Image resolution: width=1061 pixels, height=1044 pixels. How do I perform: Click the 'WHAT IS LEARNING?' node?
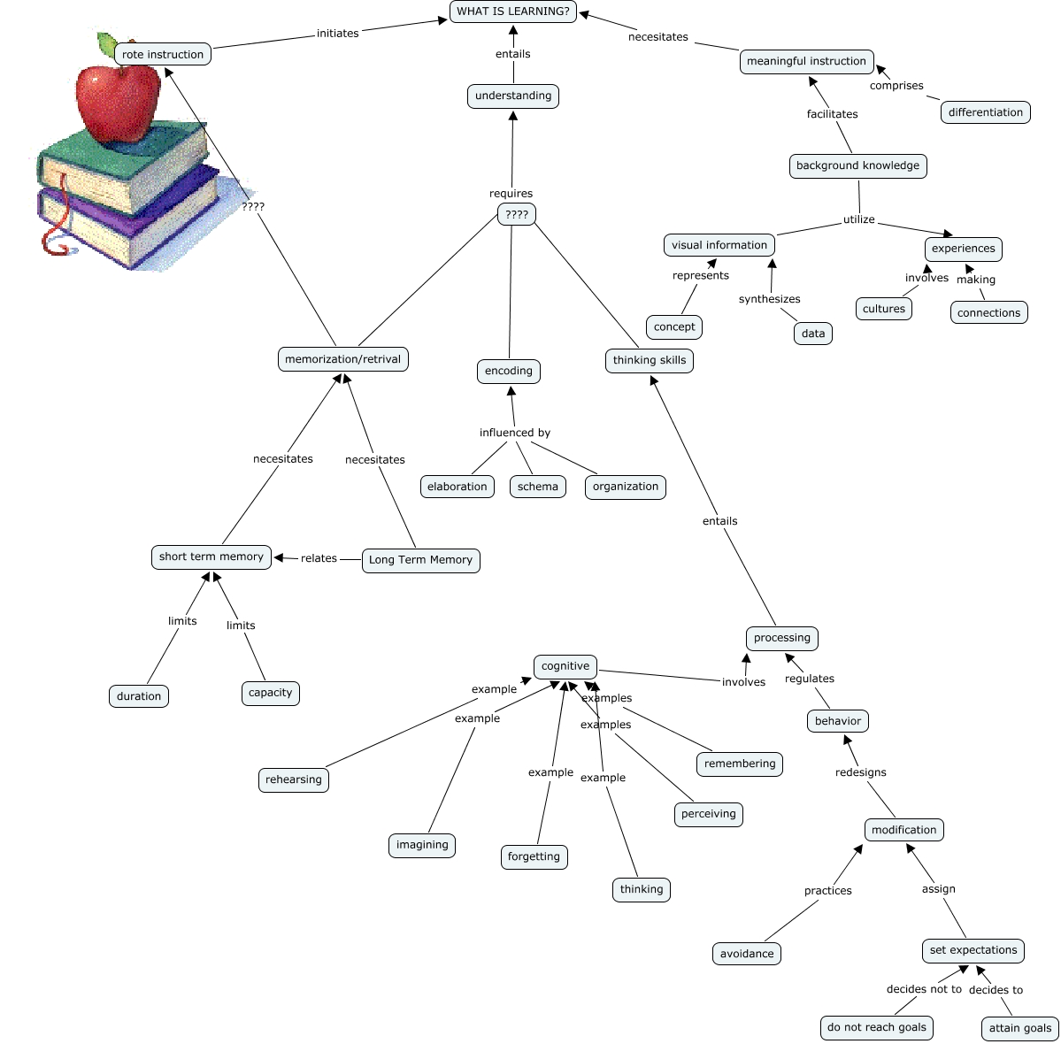pyautogui.click(x=513, y=12)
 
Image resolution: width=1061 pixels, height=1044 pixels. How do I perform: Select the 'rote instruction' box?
pyautogui.click(x=163, y=54)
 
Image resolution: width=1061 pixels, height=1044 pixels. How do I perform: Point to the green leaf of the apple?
pyautogui.click(x=107, y=44)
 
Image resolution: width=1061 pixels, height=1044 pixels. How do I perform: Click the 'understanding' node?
pyautogui.click(x=513, y=96)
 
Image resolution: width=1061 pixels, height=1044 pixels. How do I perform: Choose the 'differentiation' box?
pyautogui.click(x=985, y=112)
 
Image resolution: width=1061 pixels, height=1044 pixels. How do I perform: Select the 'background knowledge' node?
pyautogui.click(x=858, y=165)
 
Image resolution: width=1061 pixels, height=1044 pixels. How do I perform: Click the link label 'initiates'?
pyautogui.click(x=338, y=33)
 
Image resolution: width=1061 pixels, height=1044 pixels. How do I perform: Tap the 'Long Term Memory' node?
pyautogui.click(x=421, y=560)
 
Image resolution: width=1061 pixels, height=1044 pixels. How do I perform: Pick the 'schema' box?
pyautogui.click(x=538, y=487)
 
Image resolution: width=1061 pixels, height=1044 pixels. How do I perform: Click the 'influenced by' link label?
pyautogui.click(x=515, y=433)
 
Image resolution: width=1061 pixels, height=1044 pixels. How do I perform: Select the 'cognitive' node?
pyautogui.click(x=565, y=666)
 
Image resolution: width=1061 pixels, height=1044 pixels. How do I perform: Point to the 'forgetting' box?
pyautogui.click(x=534, y=856)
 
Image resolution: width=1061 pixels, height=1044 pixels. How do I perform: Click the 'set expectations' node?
pyautogui.click(x=973, y=950)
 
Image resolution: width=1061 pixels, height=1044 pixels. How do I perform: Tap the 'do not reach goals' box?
pyautogui.click(x=877, y=1027)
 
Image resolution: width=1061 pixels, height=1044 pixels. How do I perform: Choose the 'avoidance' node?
pyautogui.click(x=746, y=954)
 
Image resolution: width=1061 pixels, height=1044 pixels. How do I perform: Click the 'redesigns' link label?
pyautogui.click(x=861, y=772)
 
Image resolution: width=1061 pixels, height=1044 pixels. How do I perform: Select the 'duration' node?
pyautogui.click(x=139, y=696)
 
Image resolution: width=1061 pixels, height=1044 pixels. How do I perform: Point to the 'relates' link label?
pyautogui.click(x=319, y=558)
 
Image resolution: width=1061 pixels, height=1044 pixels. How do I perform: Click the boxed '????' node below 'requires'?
pyautogui.click(x=517, y=214)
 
